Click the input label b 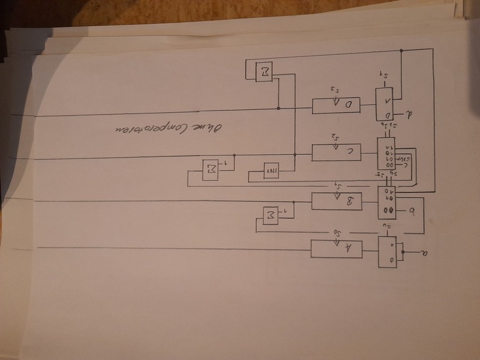(412, 210)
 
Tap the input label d (409, 113)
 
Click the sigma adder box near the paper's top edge (265, 73)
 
